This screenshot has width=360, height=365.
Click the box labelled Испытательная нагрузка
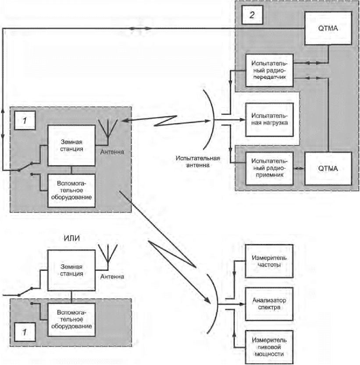tap(269, 120)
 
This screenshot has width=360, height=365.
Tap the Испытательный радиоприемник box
tap(269, 168)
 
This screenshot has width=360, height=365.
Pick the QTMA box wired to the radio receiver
tap(329, 168)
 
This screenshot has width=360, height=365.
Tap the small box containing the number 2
tap(251, 15)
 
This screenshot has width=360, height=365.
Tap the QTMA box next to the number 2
tap(330, 28)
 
